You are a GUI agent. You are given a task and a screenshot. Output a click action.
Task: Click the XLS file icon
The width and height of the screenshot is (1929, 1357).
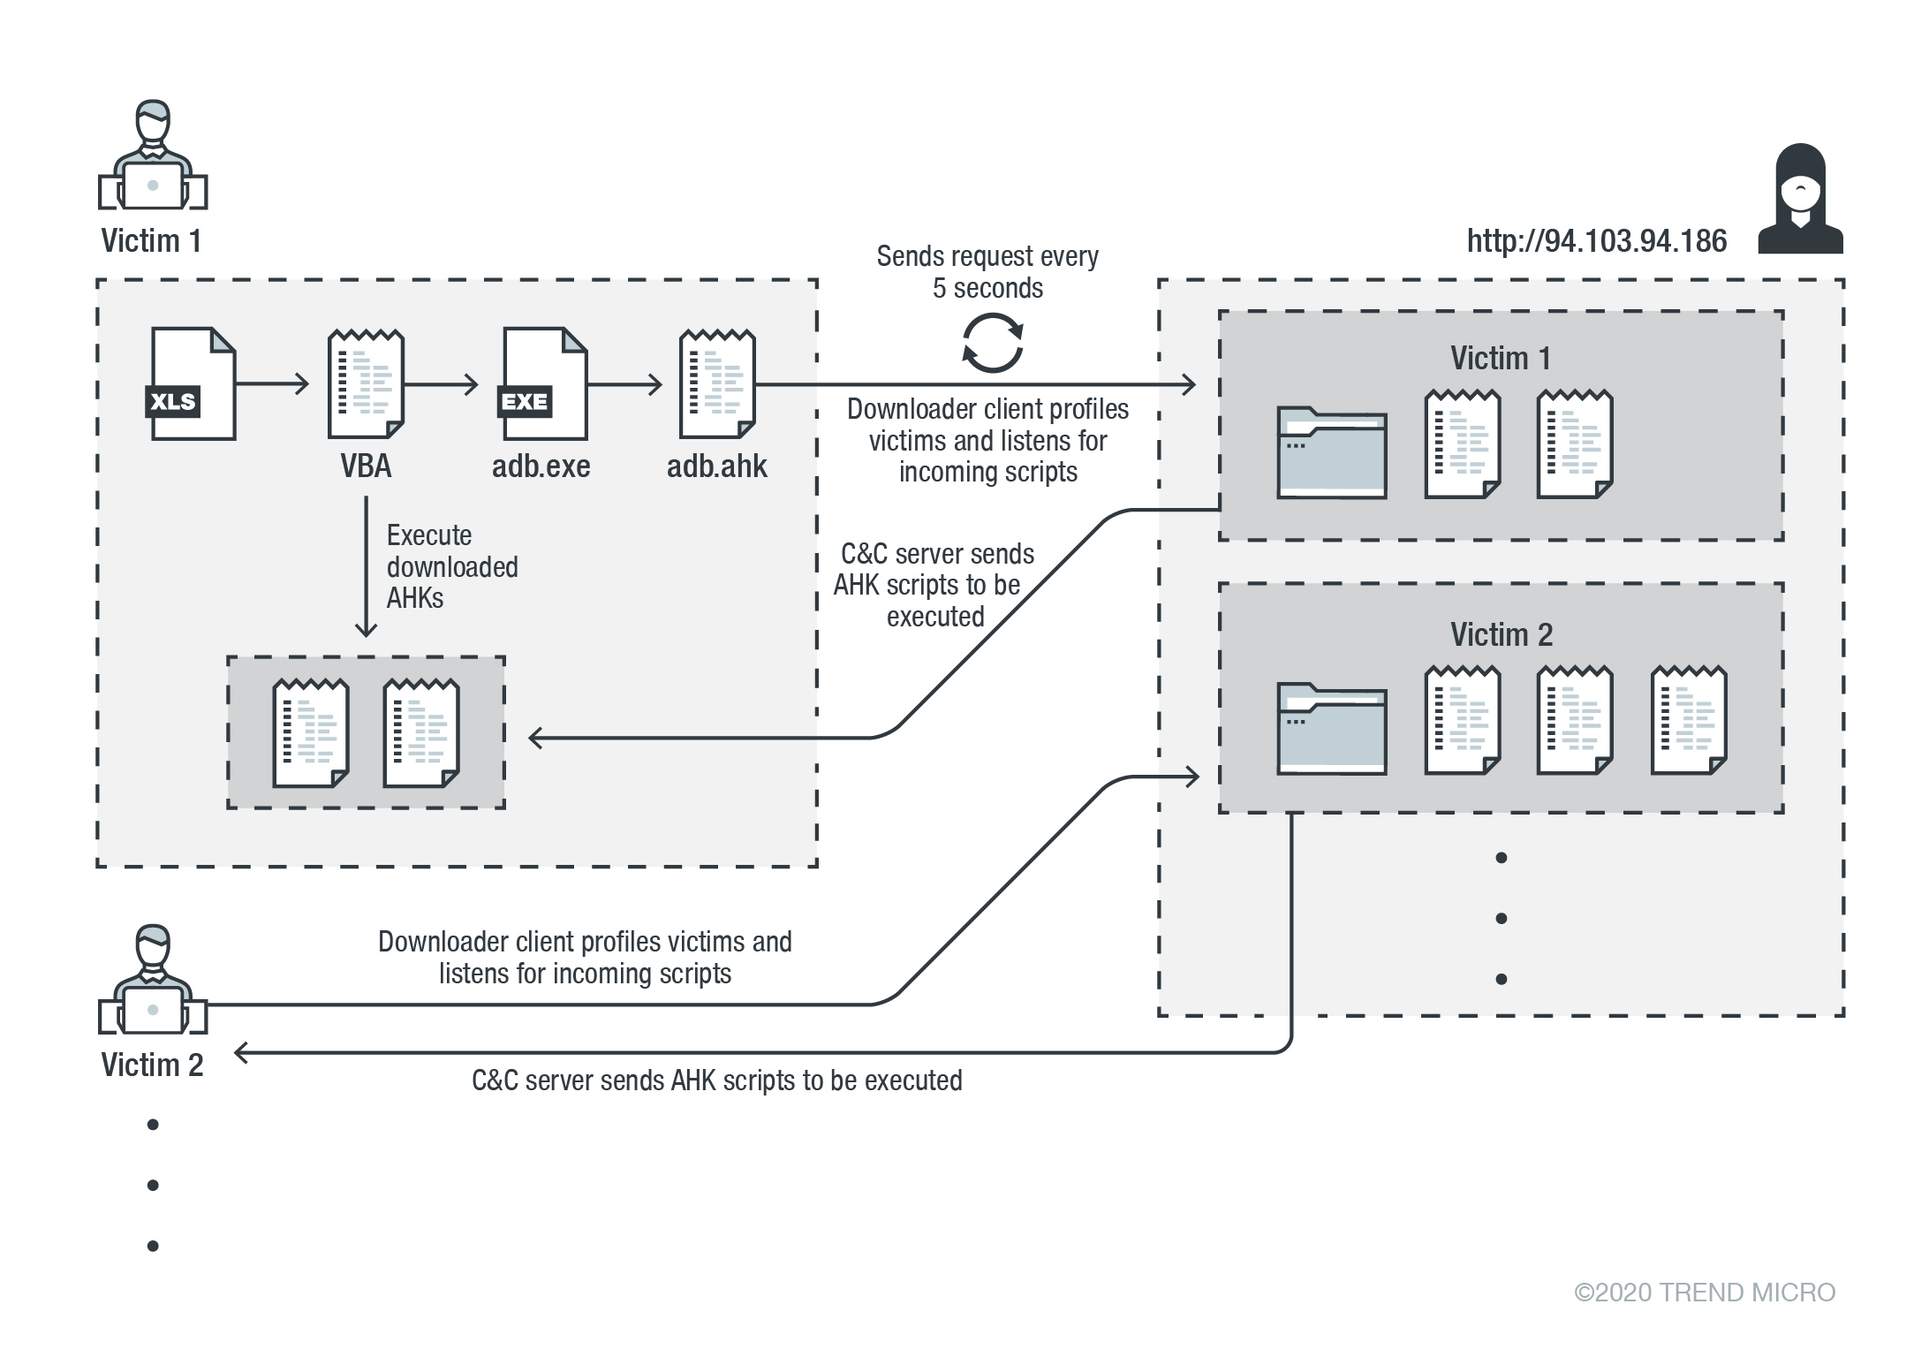pos(192,383)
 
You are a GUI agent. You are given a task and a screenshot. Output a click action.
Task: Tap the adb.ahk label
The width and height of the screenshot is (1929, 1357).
pos(716,466)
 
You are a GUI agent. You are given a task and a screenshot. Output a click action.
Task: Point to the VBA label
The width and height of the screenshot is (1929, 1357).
pos(366,466)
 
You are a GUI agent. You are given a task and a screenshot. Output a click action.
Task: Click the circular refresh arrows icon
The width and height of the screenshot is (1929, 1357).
pos(992,344)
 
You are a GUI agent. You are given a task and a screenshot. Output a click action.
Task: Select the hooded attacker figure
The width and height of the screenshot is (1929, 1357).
pos(1800,201)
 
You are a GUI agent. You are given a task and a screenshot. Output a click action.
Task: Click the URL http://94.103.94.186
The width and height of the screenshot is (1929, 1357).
pos(1596,241)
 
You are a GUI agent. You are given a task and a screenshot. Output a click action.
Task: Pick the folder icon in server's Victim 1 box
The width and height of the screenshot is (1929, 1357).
pos(1331,452)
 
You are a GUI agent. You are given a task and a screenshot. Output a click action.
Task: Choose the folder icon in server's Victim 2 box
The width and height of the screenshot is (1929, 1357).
pos(1331,729)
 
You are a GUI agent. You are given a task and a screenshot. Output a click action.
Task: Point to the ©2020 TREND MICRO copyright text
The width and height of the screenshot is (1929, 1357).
pos(1704,1293)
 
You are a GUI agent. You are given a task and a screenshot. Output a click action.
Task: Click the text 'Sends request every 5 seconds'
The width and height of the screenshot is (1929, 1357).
pos(987,272)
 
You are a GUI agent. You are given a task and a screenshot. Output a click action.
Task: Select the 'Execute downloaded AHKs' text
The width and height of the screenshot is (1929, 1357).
pos(451,567)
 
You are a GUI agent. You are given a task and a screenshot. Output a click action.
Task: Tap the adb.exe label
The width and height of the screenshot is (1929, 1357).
pos(541,466)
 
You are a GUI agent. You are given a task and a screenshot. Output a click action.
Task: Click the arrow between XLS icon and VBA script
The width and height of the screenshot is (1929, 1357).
pos(272,383)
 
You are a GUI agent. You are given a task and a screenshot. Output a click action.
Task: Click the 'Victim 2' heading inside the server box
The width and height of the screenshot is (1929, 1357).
pos(1501,635)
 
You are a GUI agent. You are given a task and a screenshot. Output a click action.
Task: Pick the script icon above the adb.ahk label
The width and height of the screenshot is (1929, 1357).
pos(717,383)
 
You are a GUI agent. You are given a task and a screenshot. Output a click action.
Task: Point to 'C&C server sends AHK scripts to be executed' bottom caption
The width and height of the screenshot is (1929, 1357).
pos(716,1080)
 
